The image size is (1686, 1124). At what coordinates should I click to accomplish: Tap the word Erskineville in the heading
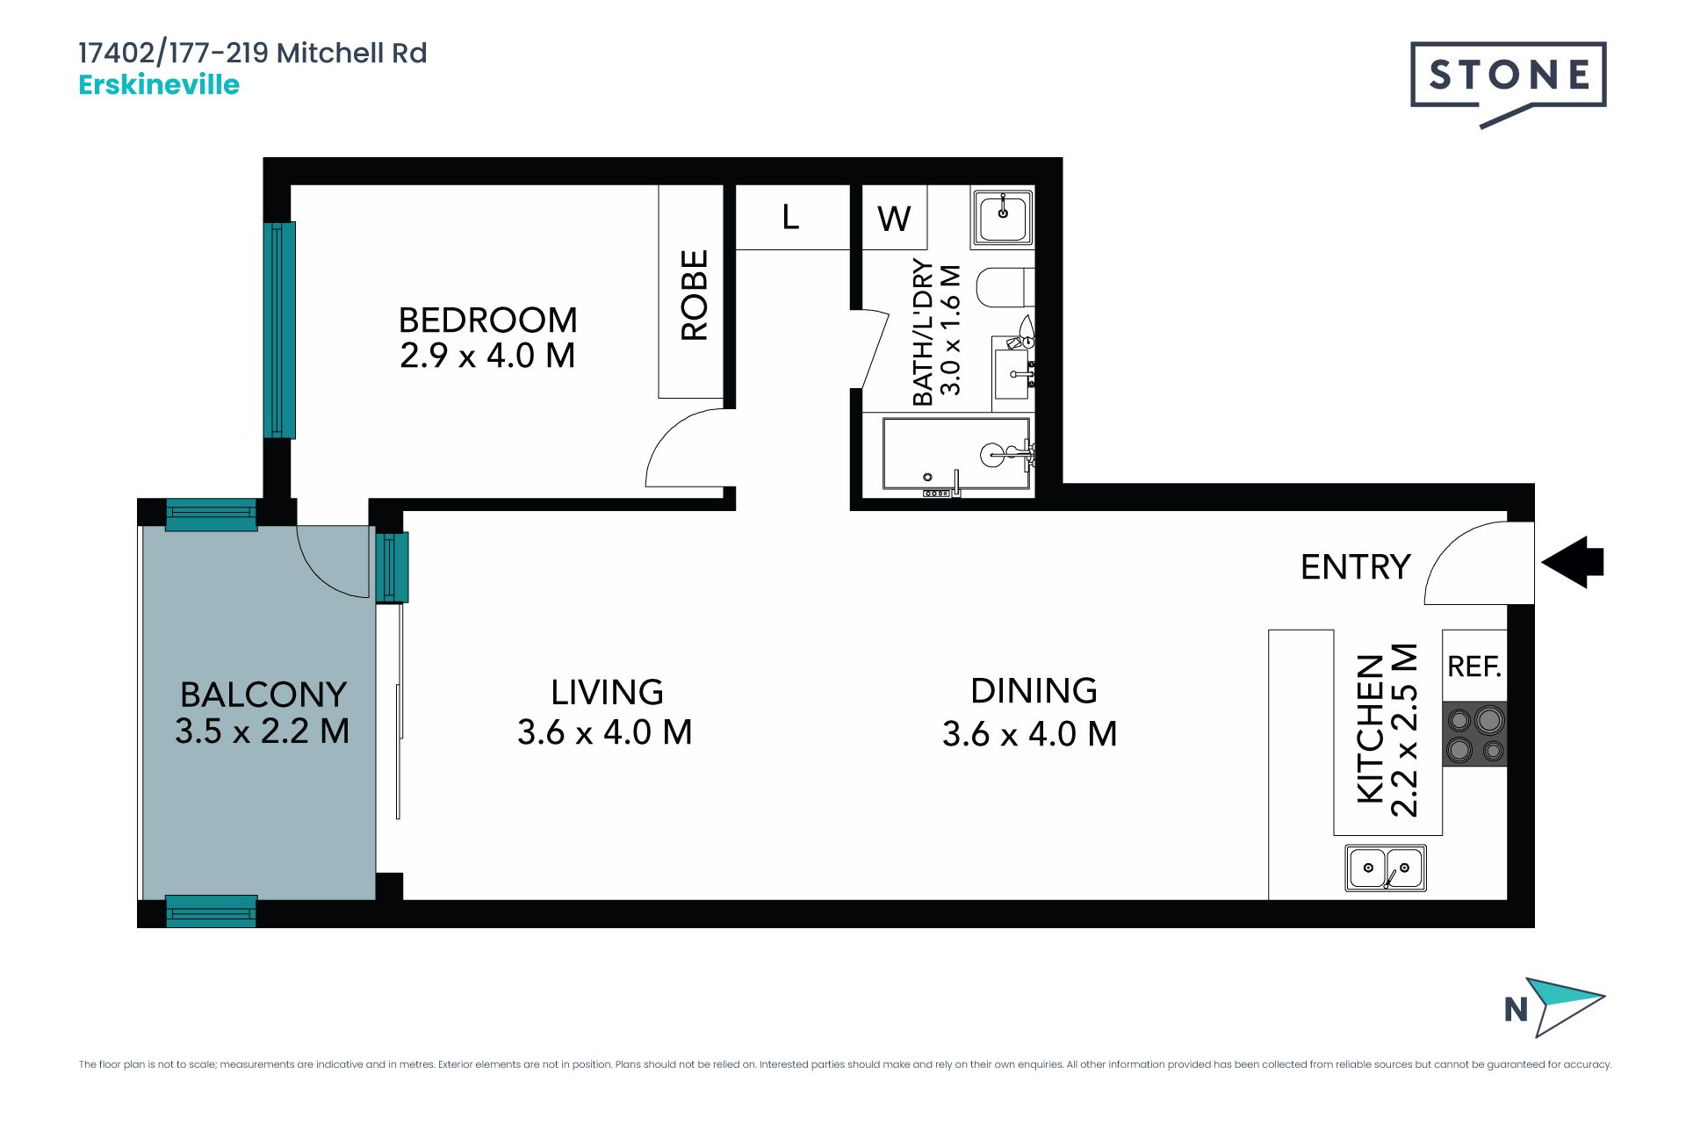159,85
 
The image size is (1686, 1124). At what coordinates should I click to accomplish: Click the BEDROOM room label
488,320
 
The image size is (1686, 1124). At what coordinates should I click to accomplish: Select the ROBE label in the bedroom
694,295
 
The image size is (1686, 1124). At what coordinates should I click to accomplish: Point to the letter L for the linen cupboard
790,217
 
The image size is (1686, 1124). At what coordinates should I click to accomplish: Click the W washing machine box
894,218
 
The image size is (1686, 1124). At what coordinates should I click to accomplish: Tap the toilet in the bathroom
1006,287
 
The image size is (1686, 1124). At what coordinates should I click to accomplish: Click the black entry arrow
1573,562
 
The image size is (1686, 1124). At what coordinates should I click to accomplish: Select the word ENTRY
1355,567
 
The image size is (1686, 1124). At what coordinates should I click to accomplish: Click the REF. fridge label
1474,667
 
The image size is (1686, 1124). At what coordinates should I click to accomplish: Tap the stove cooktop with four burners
1475,734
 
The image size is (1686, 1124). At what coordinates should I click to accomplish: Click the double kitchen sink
1386,868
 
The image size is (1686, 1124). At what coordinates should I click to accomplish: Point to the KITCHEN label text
1371,728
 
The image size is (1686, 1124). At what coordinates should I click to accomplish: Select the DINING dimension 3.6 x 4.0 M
1030,734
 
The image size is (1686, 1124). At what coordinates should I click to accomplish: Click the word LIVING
607,693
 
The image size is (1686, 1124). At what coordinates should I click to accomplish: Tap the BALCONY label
263,695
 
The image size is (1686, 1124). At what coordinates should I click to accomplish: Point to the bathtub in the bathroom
956,453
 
